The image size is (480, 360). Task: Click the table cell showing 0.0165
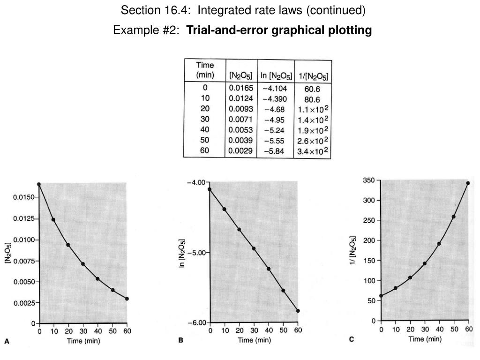[x=241, y=88]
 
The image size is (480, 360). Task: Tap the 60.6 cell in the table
[x=312, y=89]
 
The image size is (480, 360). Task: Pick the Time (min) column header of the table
[x=205, y=70]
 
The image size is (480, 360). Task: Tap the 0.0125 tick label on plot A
[x=23, y=219]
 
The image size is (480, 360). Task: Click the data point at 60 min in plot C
[x=467, y=183]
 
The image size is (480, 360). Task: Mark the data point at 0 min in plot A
[x=39, y=184]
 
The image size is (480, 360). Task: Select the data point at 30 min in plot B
[x=254, y=248]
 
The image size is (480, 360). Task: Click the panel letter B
[x=180, y=341]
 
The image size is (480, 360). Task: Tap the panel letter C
[x=351, y=339]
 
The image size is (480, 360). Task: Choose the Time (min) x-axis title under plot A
[x=83, y=341]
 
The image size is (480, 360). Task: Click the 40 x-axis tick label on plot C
[x=438, y=330]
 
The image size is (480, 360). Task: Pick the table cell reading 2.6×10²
[x=313, y=141]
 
